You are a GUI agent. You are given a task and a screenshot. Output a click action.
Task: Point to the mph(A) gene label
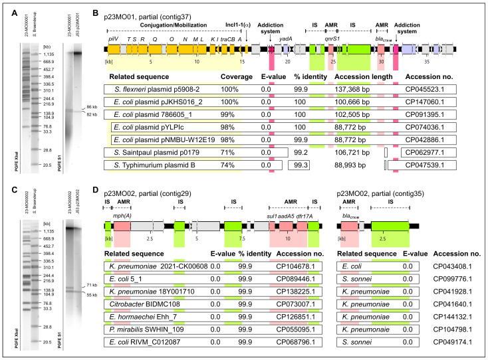pos(122,217)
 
